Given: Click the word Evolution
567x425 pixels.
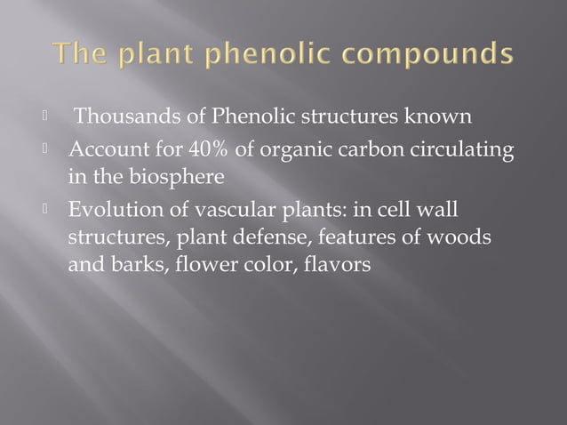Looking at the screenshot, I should pos(111,212).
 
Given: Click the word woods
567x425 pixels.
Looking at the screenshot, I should pos(465,238).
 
